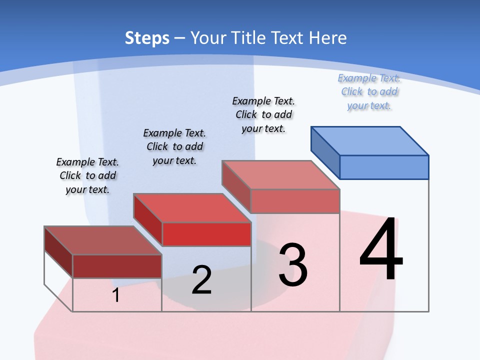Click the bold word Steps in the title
click(147, 38)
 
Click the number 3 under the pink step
click(293, 264)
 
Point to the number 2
click(201, 280)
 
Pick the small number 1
click(116, 295)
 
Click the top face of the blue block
click(370, 140)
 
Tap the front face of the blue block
click(384, 167)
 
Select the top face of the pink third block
click(280, 174)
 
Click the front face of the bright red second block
click(206, 234)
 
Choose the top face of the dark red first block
click(102, 240)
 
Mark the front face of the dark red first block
click(117, 266)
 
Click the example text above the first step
click(87, 175)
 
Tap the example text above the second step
click(174, 146)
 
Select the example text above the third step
click(263, 114)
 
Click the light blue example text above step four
click(369, 91)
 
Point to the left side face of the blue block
click(325, 152)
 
